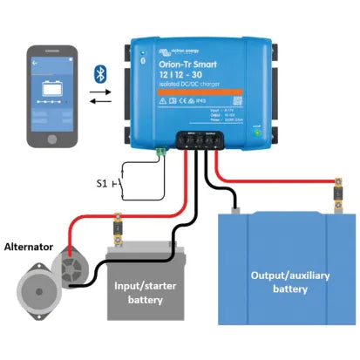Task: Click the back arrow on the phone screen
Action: click(35, 64)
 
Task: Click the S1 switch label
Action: click(101, 184)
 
